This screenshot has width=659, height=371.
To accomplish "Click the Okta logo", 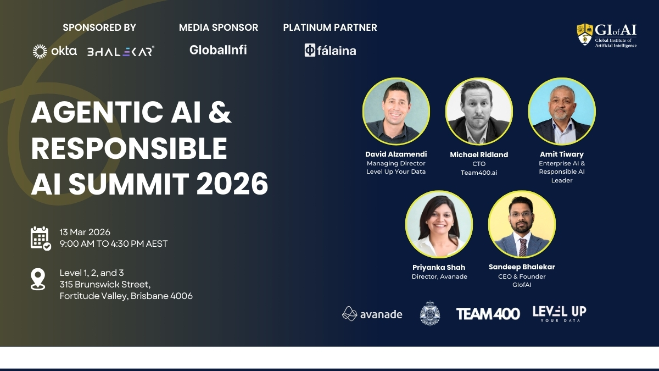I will (x=54, y=51).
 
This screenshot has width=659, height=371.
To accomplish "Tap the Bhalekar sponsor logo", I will (x=120, y=51).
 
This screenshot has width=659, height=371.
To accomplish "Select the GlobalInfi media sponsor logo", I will (x=218, y=50).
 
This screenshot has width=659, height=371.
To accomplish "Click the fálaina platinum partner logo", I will (x=330, y=51).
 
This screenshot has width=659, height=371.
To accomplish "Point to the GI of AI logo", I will (x=606, y=35).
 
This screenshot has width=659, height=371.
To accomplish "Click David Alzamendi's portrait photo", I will (x=396, y=112).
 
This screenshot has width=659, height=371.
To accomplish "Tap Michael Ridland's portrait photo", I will (x=479, y=112).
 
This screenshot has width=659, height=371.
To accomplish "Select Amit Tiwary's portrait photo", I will (x=561, y=112).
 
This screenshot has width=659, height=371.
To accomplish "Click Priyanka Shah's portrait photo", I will (x=439, y=224).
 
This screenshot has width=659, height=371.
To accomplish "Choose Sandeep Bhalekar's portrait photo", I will (x=522, y=224).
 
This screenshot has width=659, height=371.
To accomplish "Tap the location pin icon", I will (x=38, y=279).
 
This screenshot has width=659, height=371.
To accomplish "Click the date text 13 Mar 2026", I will (x=85, y=232).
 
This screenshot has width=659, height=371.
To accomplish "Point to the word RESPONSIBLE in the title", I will (x=129, y=148).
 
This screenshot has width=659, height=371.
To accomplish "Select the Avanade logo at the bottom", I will (x=372, y=314).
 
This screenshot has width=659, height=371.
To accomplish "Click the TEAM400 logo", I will (x=488, y=314).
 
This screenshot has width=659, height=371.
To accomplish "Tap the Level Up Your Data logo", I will (x=559, y=314).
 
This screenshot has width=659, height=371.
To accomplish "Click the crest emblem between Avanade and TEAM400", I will (x=430, y=313).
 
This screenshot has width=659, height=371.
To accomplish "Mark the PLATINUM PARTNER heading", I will (x=330, y=27).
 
